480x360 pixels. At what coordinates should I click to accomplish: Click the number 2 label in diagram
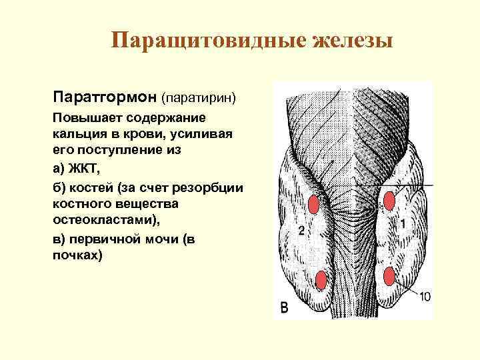pos(301,231)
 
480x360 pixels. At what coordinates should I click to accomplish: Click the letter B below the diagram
pos(285,308)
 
